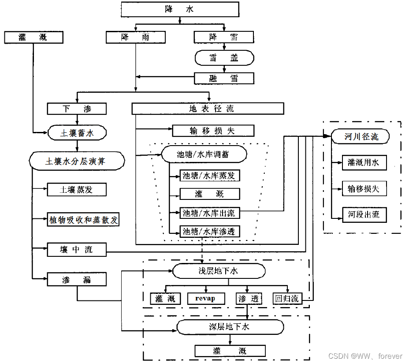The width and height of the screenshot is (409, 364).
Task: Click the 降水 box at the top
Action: (179, 9)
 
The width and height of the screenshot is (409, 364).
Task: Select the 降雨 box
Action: (135, 37)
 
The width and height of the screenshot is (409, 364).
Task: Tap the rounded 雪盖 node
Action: (224, 57)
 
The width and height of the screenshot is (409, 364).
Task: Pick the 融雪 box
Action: (224, 79)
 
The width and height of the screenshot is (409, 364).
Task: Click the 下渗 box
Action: (77, 109)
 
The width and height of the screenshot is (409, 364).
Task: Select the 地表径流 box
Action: (208, 109)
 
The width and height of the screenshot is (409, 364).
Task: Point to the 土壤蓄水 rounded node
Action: (77, 132)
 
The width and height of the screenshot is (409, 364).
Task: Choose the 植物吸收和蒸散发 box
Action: (83, 220)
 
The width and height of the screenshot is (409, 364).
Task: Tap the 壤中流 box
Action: (77, 250)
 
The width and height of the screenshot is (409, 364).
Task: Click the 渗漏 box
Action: (77, 279)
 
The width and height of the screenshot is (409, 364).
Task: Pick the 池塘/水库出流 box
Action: (209, 213)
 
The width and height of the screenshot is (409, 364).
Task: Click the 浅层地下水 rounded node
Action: (219, 270)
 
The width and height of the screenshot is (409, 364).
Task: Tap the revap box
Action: (206, 298)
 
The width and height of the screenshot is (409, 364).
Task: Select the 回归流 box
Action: (286, 298)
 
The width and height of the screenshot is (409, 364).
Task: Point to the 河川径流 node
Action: (361, 137)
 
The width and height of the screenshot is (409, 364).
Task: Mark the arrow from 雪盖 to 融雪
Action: (224, 69)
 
